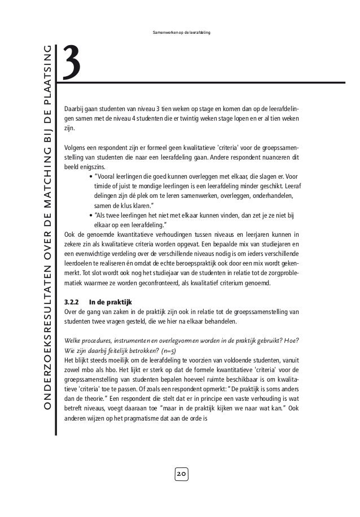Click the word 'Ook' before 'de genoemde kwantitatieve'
coord(70,234)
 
